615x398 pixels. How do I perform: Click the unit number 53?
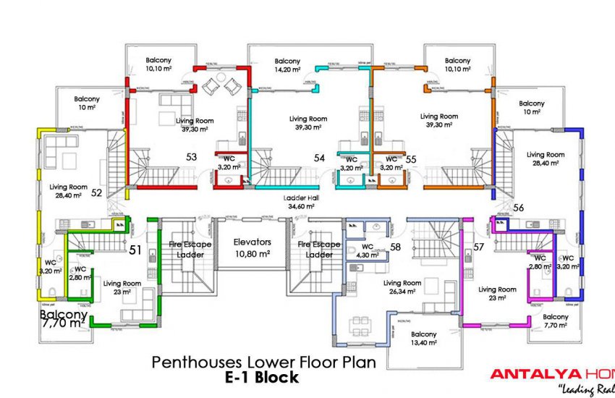(x=191, y=156)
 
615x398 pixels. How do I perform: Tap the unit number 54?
(x=319, y=157)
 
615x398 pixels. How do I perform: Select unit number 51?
(x=135, y=250)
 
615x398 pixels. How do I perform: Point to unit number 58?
(x=395, y=247)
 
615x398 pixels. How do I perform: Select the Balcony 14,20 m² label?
(x=287, y=65)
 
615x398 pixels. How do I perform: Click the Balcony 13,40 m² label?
(x=424, y=339)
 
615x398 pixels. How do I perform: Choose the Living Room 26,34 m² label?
(x=402, y=287)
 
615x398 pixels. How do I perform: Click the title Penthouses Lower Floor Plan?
(x=263, y=363)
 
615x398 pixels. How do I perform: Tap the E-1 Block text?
(x=261, y=377)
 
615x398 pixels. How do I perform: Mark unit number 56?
(x=518, y=208)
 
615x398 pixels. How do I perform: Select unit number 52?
(x=96, y=192)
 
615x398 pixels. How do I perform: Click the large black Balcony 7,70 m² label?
(x=64, y=321)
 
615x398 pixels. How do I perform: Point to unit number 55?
(x=411, y=158)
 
